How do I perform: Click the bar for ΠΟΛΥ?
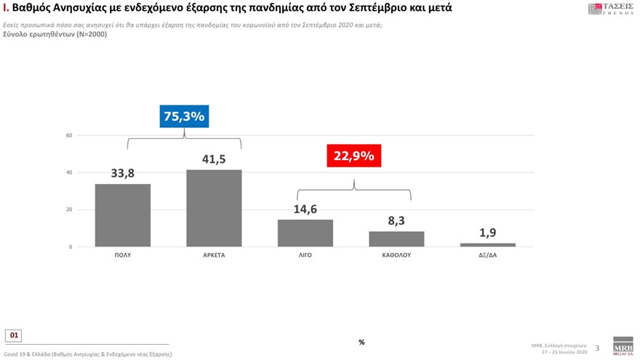click(x=123, y=215)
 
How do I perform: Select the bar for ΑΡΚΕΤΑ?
click(x=214, y=208)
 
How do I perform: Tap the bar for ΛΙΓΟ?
click(x=305, y=233)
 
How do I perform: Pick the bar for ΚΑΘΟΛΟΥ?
click(x=396, y=239)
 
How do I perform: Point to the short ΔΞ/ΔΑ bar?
click(x=488, y=245)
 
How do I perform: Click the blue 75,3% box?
click(x=184, y=116)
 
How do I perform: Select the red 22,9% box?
click(x=353, y=155)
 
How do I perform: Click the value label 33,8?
click(x=123, y=173)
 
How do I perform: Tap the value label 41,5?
click(x=214, y=159)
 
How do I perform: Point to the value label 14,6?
click(x=305, y=209)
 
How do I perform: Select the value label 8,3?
click(x=396, y=221)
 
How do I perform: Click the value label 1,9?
click(x=488, y=233)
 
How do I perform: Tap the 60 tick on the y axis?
click(x=68, y=135)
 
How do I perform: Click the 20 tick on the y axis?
click(x=68, y=210)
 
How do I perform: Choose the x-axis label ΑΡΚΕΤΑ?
click(x=214, y=257)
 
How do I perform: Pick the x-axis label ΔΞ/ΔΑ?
click(x=488, y=257)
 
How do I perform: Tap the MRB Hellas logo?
click(x=623, y=345)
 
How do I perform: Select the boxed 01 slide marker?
click(x=15, y=335)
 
